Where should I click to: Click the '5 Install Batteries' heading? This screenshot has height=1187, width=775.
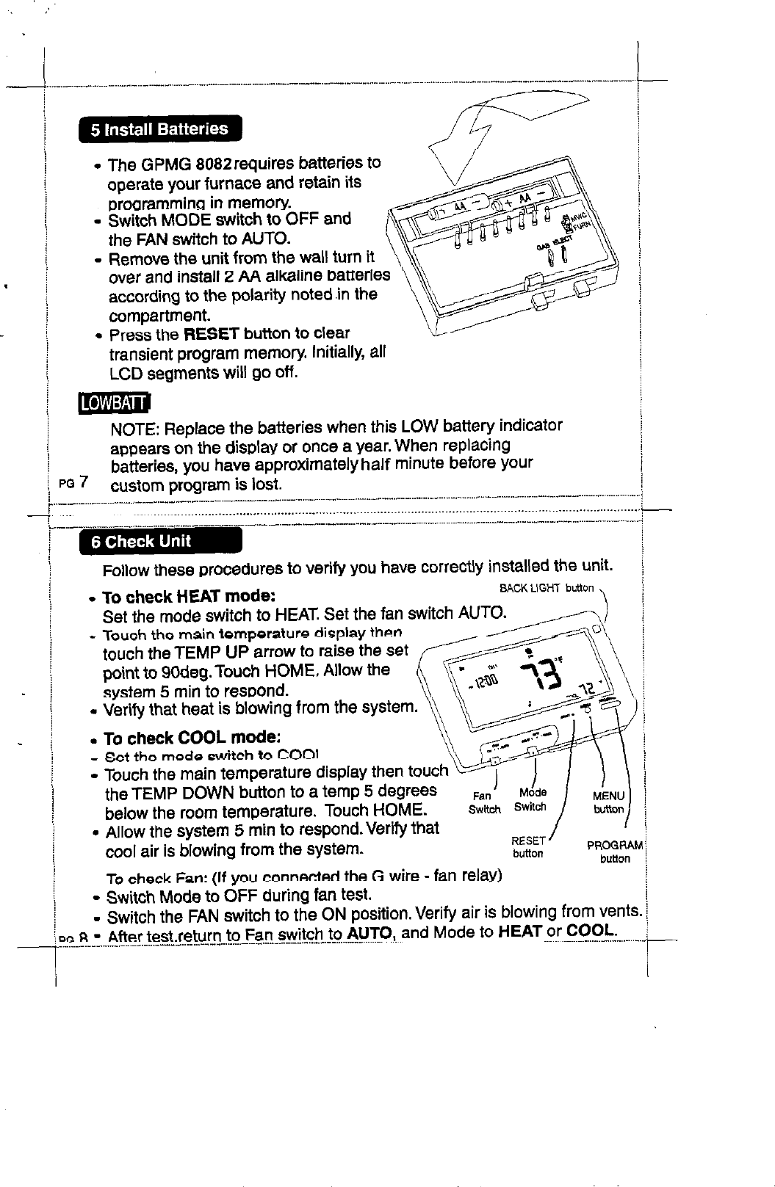tap(159, 130)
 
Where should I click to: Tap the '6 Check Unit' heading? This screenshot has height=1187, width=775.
tap(140, 542)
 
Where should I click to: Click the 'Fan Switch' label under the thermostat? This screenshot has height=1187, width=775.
tap(484, 802)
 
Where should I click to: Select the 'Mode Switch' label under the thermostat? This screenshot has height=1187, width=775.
tap(530, 800)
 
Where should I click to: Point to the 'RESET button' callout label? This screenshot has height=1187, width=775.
tap(527, 847)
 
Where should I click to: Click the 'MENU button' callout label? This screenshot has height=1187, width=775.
tap(608, 802)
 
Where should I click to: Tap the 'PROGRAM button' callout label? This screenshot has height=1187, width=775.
tap(614, 852)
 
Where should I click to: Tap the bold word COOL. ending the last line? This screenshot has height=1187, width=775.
tap(594, 930)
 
